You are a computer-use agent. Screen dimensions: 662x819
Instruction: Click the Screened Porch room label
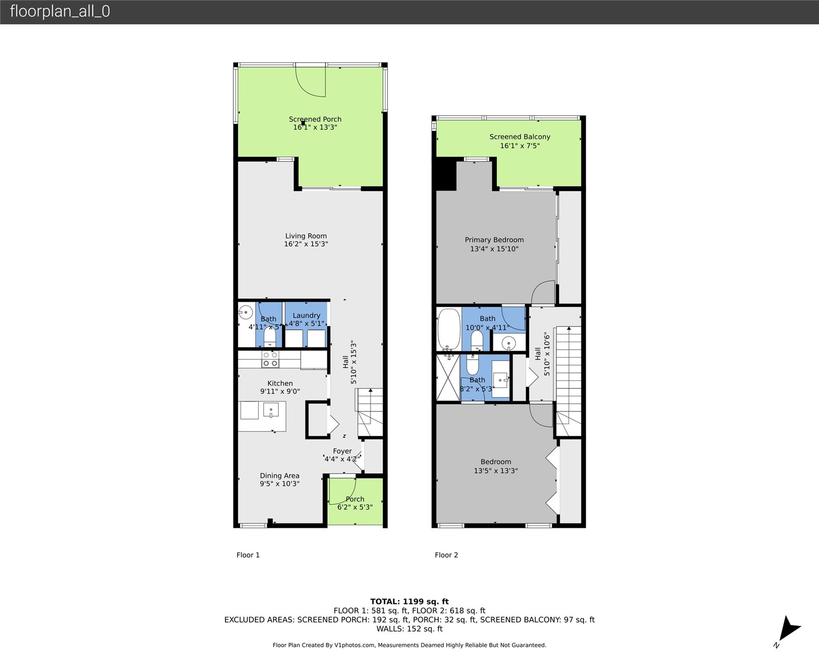tap(315, 119)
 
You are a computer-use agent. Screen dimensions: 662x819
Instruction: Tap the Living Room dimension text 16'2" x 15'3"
tap(306, 244)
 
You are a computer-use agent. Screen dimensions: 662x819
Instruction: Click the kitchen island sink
tap(271, 410)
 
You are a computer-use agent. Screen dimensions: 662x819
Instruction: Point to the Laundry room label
tap(306, 315)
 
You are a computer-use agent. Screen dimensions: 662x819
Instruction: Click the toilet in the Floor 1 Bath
tap(270, 336)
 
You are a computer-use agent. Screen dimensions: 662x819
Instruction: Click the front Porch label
tap(355, 499)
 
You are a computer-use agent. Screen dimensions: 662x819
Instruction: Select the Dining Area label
tap(279, 476)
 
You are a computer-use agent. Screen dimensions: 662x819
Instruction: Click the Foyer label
tap(342, 451)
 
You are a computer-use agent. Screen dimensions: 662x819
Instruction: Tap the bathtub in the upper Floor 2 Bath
tap(449, 329)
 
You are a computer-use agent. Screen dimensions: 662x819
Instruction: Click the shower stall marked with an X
tap(448, 378)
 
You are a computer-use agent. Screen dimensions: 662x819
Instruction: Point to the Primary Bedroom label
tap(494, 240)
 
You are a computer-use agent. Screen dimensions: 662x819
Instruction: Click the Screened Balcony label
tap(519, 137)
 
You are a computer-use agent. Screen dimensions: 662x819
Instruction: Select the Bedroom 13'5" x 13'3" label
tap(496, 466)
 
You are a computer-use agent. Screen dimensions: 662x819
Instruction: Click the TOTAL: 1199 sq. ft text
tap(409, 602)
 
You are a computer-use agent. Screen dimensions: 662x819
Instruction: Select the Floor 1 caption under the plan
tap(248, 555)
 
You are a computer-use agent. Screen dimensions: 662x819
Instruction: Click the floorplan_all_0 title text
tap(60, 11)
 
